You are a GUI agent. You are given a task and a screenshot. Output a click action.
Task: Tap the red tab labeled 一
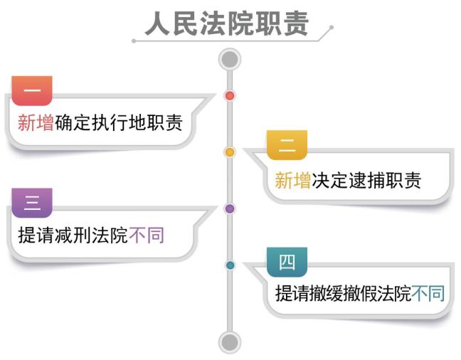(x=32, y=90)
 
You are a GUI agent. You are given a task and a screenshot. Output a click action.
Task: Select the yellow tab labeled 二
(x=287, y=147)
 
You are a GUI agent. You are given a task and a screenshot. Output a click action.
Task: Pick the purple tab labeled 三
(x=32, y=203)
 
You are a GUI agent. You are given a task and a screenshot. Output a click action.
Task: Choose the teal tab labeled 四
(x=287, y=261)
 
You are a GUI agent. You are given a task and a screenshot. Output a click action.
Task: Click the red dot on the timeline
(x=229, y=95)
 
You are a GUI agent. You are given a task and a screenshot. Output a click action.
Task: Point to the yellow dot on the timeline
(x=229, y=152)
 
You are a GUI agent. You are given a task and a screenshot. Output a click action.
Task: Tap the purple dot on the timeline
(x=229, y=208)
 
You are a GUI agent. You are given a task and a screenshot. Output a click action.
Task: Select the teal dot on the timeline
(x=229, y=265)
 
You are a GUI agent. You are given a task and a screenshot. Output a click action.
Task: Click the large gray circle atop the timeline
(x=229, y=58)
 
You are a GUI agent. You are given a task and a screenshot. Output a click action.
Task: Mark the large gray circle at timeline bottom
(x=229, y=342)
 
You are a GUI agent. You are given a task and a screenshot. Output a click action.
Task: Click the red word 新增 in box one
(x=36, y=123)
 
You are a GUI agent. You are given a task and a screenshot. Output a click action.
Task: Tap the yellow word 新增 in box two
(x=292, y=180)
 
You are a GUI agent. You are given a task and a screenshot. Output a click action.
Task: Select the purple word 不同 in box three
(x=147, y=235)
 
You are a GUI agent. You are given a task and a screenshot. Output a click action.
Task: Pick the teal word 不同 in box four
(x=428, y=293)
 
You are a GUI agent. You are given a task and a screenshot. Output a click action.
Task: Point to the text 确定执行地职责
(x=118, y=123)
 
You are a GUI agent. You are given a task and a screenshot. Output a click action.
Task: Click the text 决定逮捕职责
(x=366, y=180)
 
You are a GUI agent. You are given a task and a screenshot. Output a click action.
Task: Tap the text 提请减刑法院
(x=73, y=235)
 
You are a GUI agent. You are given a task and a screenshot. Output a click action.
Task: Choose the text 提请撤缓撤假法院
(x=343, y=293)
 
